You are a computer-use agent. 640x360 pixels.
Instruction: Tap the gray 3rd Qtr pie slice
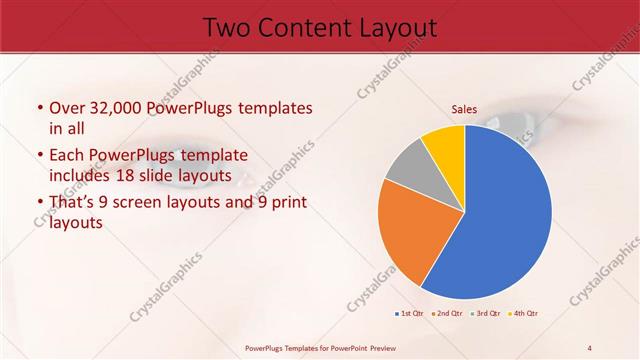(408, 167)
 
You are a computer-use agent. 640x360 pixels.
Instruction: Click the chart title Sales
(464, 109)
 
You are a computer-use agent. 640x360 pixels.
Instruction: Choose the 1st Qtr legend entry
(410, 314)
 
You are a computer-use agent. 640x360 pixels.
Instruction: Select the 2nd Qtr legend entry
(447, 314)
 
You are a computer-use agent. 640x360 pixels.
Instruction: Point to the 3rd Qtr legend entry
(486, 314)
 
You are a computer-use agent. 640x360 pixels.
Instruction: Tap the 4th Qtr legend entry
(524, 314)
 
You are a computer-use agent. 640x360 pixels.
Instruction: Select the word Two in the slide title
(226, 28)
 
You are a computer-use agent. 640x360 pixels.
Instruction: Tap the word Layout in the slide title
(396, 28)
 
